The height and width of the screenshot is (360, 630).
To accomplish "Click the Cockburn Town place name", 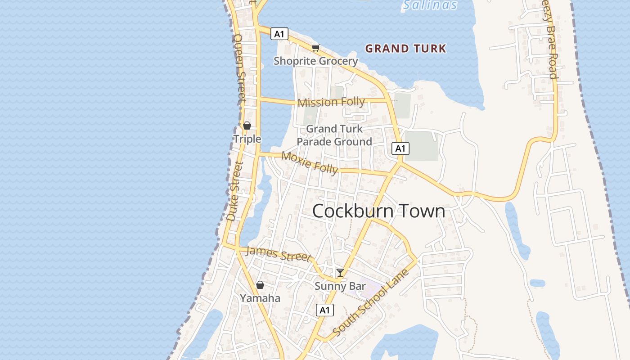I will tap(378, 211).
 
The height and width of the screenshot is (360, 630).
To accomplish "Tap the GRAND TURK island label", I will tap(405, 49).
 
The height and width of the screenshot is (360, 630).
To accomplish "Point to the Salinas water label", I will tap(430, 5).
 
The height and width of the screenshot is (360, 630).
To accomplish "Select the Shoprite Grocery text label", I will tap(315, 61).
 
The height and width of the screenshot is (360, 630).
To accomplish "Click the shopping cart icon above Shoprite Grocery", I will tap(316, 48).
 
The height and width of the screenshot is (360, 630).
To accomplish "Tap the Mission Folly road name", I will tap(331, 102).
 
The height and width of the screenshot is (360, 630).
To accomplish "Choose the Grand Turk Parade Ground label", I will tap(334, 135).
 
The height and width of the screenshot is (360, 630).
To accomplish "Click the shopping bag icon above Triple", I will tap(247, 126).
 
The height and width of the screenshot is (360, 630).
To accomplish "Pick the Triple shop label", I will tap(247, 139).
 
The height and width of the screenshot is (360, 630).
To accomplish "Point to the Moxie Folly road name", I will tap(310, 162).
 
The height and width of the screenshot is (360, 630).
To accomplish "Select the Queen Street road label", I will tap(239, 67).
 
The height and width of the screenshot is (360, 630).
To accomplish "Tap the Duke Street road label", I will tap(234, 191).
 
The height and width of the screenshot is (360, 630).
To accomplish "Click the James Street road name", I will tap(279, 254).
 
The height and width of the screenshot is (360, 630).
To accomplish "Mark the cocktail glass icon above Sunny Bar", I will tap(340, 273).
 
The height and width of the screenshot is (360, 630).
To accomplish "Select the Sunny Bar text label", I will tap(340, 286).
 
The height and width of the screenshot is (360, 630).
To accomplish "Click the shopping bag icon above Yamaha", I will tap(260, 285).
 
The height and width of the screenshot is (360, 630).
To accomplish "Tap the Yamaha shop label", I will tap(260, 298).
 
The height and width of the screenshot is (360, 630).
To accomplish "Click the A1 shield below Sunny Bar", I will tap(325, 310).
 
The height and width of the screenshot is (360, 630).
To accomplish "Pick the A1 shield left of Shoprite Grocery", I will tap(279, 34).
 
